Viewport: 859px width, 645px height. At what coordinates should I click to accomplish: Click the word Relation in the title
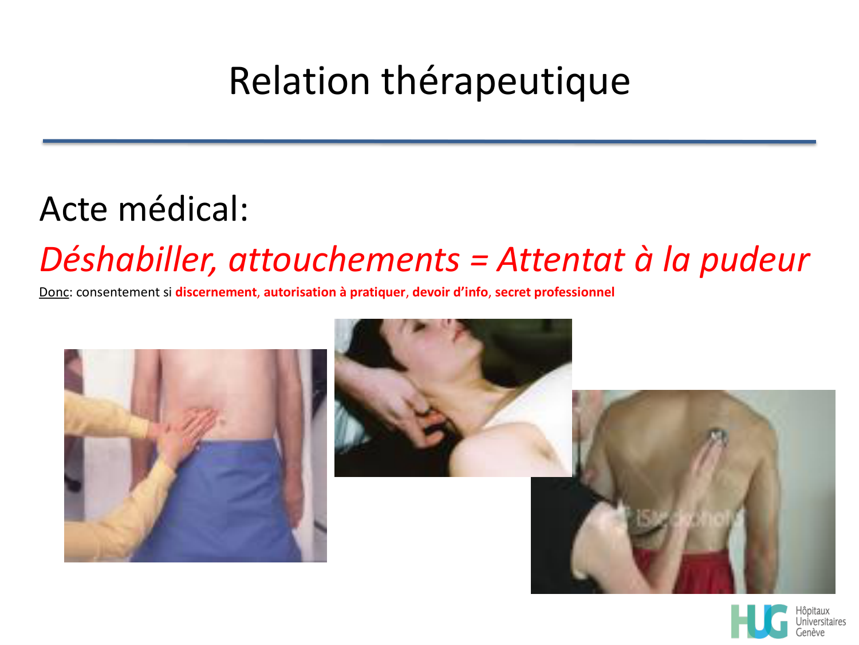[299, 81]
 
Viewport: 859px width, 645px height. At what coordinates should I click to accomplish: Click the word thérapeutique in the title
[506, 81]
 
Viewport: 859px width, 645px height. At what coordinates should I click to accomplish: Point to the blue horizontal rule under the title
[429, 141]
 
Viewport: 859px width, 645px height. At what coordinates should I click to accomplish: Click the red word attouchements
[344, 260]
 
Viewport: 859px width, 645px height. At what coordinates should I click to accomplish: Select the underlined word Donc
[54, 292]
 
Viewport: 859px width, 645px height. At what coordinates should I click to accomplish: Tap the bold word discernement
[216, 292]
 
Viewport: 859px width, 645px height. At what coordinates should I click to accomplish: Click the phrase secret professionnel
[554, 292]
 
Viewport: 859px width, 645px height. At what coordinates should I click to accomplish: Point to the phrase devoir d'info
[450, 292]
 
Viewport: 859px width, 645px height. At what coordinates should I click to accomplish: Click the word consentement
[119, 292]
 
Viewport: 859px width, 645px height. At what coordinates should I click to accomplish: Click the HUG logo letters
[759, 621]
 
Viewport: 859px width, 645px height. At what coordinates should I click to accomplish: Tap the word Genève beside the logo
[810, 632]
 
